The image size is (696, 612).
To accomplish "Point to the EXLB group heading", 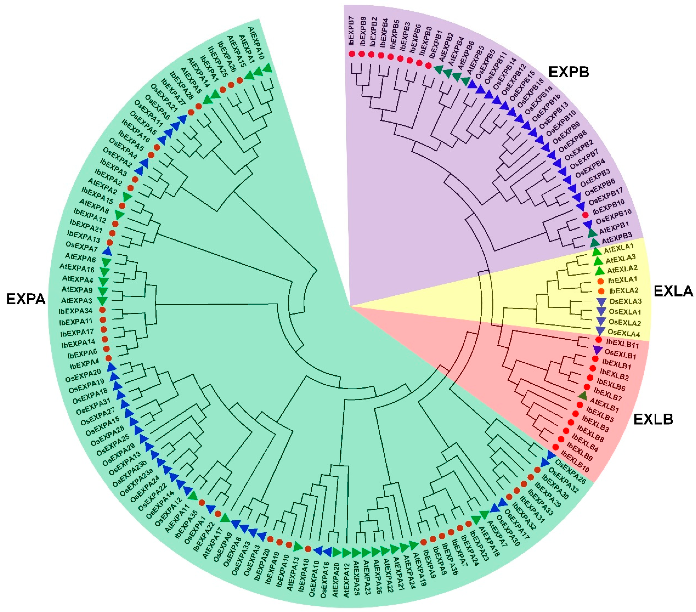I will click(653, 420).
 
